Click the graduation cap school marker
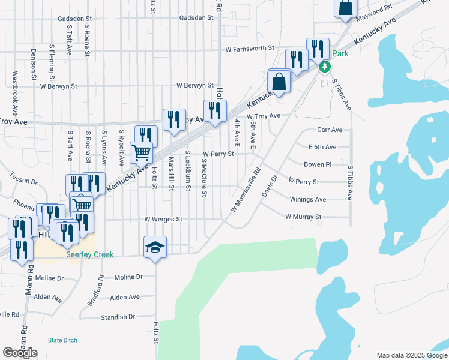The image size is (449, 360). (x=155, y=247)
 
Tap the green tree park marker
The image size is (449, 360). (x=324, y=66)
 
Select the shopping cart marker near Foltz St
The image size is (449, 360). (x=142, y=153)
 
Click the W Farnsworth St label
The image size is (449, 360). (x=249, y=48)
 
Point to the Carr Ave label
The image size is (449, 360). (x=330, y=130)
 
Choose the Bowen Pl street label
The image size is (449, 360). (x=318, y=164)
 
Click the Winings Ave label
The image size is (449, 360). (x=307, y=199)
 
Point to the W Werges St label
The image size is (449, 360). (x=163, y=220)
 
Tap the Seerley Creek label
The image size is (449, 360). (x=89, y=255)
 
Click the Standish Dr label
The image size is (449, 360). (x=118, y=317)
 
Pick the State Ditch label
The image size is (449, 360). (x=62, y=340)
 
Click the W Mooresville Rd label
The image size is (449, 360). (x=246, y=189)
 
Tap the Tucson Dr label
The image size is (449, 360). (x=23, y=179)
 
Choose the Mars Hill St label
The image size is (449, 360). (x=171, y=174)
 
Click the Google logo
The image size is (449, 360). (x=20, y=353)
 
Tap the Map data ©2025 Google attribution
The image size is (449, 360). (x=412, y=355)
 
